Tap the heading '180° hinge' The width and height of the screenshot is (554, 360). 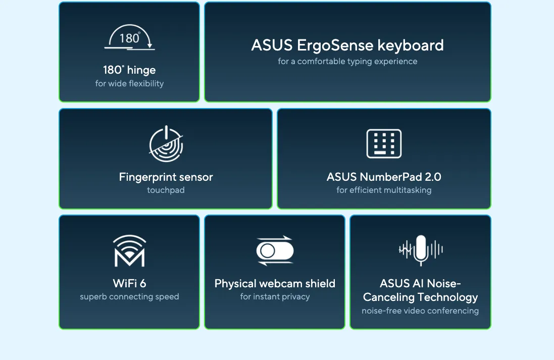click(x=129, y=70)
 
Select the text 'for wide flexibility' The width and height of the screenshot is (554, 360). click(x=129, y=83)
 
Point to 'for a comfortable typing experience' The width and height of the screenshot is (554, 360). click(x=347, y=62)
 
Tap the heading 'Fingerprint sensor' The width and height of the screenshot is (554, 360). click(x=166, y=177)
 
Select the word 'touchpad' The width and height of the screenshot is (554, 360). click(x=166, y=190)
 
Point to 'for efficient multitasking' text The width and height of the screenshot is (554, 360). click(x=384, y=190)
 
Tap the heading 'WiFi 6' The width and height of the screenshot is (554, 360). click(x=129, y=283)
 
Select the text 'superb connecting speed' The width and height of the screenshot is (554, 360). click(x=129, y=297)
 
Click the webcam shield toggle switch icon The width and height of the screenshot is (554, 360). click(x=275, y=251)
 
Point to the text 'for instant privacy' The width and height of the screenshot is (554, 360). click(x=275, y=297)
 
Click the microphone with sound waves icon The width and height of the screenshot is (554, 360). click(x=421, y=250)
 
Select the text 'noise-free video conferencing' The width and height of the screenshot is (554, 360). click(x=420, y=311)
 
